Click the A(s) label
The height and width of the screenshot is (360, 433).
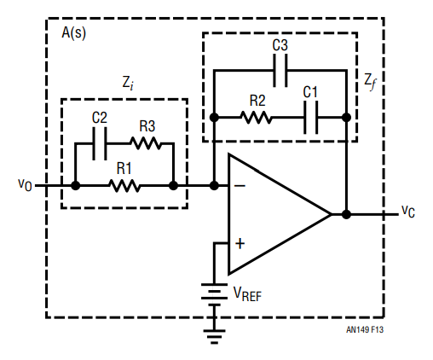[x=73, y=33]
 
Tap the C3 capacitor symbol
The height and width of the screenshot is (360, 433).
[x=280, y=70]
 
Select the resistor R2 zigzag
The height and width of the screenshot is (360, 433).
[x=257, y=118]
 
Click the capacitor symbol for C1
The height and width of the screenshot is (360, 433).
[x=311, y=118]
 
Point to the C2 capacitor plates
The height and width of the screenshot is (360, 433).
[x=100, y=143]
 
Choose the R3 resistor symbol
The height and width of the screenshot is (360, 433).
[x=146, y=143]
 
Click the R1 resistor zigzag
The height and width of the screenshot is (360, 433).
[x=124, y=186]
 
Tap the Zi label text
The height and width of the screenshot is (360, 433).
[x=128, y=83]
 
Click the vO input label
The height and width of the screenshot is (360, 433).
[x=25, y=184]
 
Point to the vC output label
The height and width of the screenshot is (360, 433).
[x=408, y=212]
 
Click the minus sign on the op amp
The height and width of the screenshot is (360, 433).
[x=240, y=186]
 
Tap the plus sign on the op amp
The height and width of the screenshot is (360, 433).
[x=240, y=244]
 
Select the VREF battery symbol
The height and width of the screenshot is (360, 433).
[x=214, y=294]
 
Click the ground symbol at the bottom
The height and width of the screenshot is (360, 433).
[x=214, y=337]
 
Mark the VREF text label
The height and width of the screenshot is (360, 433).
[x=247, y=293]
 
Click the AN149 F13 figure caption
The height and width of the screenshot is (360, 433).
[x=365, y=329]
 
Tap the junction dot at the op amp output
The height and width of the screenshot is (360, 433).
[x=346, y=214]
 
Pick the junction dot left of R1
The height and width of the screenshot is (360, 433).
[x=75, y=186]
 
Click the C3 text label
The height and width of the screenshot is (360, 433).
[x=280, y=45]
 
